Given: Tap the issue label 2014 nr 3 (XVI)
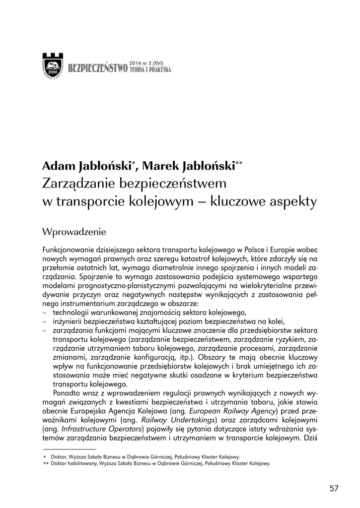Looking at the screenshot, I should click(147, 63).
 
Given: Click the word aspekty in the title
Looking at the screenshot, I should click(294, 202).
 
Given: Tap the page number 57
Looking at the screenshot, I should click(334, 488).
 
